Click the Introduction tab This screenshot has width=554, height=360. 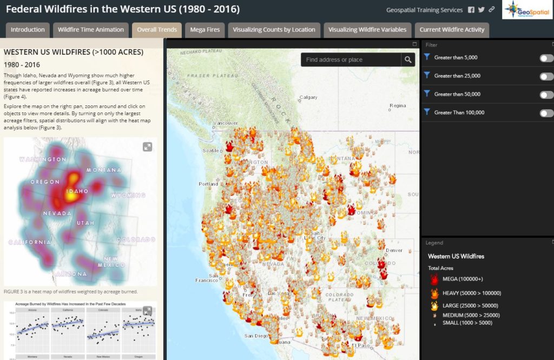[x=28, y=30]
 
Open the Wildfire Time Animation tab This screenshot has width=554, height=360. [x=91, y=30]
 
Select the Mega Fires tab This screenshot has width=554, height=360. [x=205, y=30]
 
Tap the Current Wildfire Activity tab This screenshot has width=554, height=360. [x=452, y=30]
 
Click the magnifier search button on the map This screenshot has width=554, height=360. [x=408, y=59]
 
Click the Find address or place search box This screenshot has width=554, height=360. [x=351, y=59]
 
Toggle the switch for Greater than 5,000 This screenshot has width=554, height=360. [x=546, y=58]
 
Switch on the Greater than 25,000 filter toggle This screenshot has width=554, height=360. [x=546, y=76]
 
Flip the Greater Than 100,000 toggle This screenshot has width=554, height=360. [x=546, y=113]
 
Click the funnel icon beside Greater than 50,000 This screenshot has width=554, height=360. [x=427, y=94]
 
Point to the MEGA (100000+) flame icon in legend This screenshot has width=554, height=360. [x=434, y=279]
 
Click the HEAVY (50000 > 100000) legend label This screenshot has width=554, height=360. [x=471, y=293]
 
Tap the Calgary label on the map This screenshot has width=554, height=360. [x=309, y=98]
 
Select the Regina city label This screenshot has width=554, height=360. [x=398, y=105]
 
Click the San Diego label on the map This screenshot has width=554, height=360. [x=256, y=336]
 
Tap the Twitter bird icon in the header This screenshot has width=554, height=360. [x=481, y=10]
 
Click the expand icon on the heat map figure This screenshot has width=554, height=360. [x=147, y=146]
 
